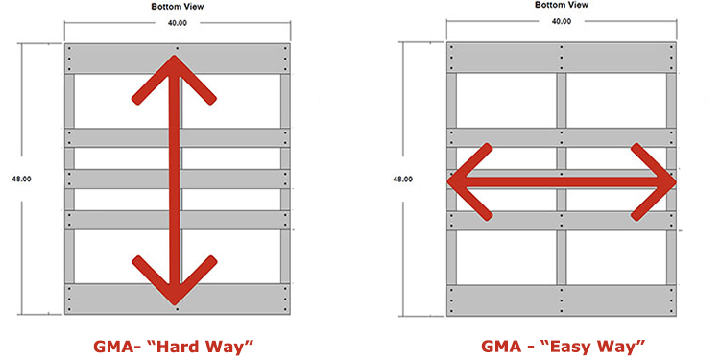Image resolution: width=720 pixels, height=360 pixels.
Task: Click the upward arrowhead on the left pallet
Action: (x=174, y=73)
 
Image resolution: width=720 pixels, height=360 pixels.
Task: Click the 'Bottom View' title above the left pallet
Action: (x=176, y=6)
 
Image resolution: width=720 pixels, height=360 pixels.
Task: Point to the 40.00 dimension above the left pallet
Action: (x=176, y=23)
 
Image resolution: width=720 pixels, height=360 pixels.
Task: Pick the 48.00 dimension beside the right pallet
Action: (x=403, y=179)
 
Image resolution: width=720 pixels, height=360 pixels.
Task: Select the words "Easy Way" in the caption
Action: (x=601, y=344)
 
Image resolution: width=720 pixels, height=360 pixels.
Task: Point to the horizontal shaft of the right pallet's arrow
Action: (x=562, y=180)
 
